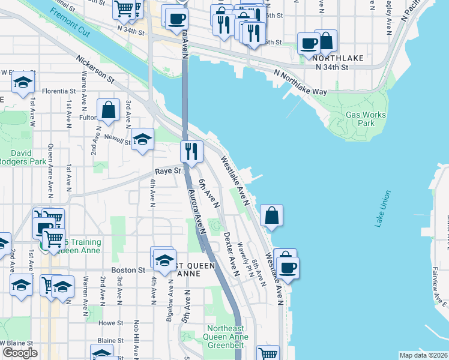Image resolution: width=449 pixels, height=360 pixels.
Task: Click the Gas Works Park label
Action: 360,119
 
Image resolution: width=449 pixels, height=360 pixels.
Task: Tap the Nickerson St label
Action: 95,69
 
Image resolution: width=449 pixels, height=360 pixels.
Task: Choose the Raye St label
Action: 169,171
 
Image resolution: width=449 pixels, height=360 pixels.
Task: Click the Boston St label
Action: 128,270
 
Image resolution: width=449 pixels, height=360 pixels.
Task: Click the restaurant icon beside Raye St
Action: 191,151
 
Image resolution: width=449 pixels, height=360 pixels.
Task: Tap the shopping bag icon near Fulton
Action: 108,110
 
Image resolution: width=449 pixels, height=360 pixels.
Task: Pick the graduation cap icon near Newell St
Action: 142,140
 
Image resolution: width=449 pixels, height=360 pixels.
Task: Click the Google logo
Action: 20,353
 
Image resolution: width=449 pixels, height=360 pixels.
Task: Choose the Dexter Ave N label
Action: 231,254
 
